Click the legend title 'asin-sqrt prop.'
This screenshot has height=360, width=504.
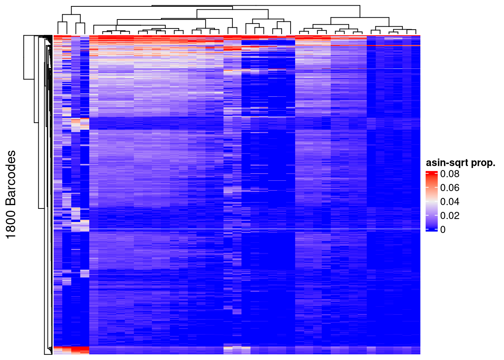pos(460,163)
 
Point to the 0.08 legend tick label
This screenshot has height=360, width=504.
pos(450,174)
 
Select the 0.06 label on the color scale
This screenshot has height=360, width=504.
pos(450,187)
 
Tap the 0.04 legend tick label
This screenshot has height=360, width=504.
pos(450,201)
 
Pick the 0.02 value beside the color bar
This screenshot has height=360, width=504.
pos(450,215)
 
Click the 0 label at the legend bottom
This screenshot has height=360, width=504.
pos(443,229)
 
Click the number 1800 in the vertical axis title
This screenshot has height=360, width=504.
pos(11,223)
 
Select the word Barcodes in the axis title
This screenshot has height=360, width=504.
pos(11,178)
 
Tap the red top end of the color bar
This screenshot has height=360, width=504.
pos(432,173)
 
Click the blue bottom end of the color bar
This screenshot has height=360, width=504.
pos(432,229)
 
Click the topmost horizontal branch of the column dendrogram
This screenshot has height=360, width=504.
pos(232,5)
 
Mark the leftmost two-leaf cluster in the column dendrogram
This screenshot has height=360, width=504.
pos(62,22)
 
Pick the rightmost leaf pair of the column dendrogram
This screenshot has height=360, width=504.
pos(411,30)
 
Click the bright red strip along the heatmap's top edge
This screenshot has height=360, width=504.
pos(236,36)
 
